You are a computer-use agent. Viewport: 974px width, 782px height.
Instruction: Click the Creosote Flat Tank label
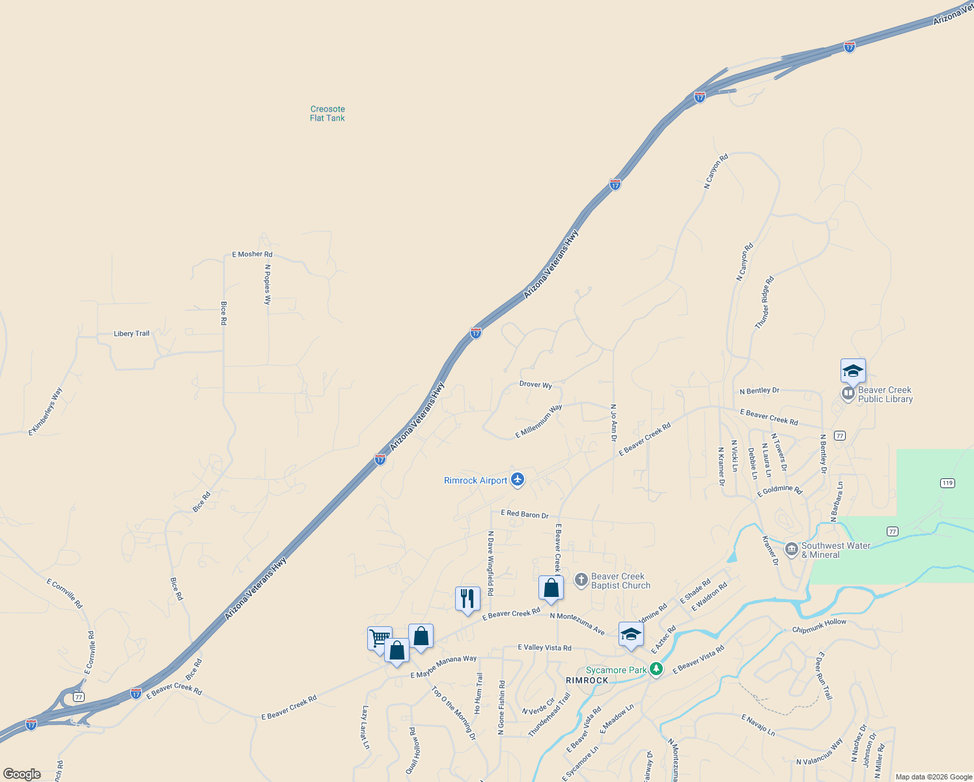[327, 113]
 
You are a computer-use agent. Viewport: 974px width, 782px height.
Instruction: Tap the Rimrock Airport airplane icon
[518, 480]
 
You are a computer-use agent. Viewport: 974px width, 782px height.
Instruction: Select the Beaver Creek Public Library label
[885, 395]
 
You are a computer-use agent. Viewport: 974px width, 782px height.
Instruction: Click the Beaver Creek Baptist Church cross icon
[581, 579]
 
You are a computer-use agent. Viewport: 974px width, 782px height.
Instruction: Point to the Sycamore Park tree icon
[656, 669]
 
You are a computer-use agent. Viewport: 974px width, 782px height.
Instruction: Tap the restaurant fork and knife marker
[467, 598]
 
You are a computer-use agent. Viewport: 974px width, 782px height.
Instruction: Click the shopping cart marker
[380, 637]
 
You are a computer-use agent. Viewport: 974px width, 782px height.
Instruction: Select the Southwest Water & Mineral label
[835, 551]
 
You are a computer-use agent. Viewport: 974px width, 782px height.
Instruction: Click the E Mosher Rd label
[252, 254]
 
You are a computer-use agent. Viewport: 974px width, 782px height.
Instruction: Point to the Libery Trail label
[132, 334]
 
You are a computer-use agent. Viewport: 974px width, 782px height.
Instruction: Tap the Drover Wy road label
[536, 384]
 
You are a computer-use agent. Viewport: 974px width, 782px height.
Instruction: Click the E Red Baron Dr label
[524, 514]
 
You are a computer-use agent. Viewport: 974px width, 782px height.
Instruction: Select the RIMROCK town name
[587, 680]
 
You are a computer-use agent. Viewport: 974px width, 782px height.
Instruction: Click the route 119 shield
[947, 483]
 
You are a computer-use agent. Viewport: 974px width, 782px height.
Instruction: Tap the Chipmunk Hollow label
[819, 626]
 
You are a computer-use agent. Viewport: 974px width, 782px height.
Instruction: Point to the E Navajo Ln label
[758, 725]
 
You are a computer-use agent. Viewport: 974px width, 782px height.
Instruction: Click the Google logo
[21, 774]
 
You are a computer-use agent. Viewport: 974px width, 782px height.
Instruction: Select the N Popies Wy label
[268, 284]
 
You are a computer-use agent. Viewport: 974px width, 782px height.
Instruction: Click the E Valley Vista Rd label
[544, 648]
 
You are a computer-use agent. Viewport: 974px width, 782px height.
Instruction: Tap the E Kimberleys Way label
[46, 412]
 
